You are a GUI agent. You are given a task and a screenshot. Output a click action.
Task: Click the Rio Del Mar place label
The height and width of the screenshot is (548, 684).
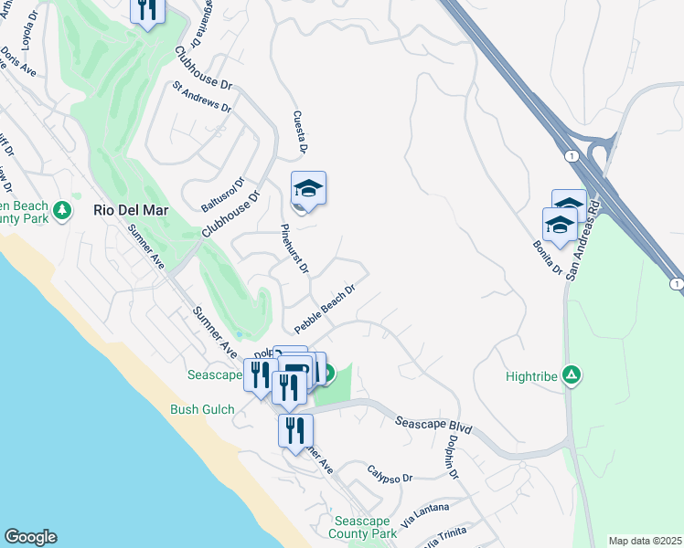point(131,210)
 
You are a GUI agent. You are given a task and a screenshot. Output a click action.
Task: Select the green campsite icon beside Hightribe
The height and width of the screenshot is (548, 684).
point(572,374)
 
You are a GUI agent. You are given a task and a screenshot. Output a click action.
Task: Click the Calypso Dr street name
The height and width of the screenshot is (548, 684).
point(390,475)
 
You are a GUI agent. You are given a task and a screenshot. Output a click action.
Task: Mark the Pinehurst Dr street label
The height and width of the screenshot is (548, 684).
point(295,249)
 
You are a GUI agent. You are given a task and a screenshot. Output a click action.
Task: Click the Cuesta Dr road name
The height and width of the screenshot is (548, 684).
point(298,132)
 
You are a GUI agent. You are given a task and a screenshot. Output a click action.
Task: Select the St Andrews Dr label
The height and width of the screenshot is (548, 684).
point(202,96)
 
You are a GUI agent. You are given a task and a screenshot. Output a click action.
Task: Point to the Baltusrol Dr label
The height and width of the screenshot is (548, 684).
point(223,193)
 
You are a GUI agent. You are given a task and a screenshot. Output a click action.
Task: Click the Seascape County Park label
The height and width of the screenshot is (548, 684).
point(362,527)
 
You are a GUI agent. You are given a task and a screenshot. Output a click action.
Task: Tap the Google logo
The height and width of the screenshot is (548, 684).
point(30,537)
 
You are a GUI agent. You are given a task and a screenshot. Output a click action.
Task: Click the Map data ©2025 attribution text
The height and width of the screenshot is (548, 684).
point(644,541)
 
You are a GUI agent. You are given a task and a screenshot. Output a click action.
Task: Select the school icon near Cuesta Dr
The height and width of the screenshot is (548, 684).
point(309,189)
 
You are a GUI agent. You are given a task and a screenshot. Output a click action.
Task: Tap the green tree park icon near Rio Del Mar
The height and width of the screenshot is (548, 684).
point(62,211)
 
